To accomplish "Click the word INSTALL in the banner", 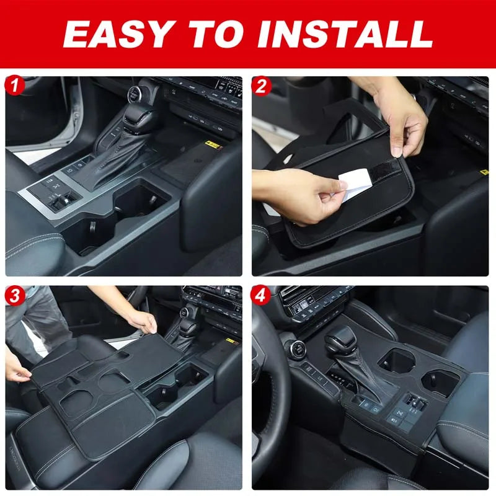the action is tap(345, 33).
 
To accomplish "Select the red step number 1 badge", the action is tap(14, 86).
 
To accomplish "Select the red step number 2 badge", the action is tap(261, 86).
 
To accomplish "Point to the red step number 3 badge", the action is tap(15, 296).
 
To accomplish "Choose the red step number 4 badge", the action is tap(260, 296).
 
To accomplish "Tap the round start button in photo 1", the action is tap(134, 94).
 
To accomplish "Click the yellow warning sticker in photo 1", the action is tap(212, 145).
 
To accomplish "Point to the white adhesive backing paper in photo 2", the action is tap(353, 184).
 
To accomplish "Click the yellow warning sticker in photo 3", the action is tap(232, 342).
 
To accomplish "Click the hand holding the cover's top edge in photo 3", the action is tap(144, 322).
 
